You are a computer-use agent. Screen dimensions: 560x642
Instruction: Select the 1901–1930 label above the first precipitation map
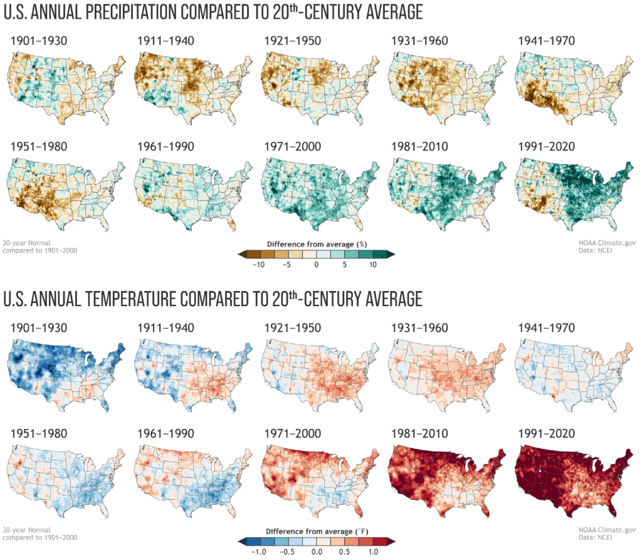(x=39, y=41)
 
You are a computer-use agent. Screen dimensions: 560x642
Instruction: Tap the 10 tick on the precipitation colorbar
(x=374, y=265)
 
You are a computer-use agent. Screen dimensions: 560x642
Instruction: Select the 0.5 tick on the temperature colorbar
(x=345, y=551)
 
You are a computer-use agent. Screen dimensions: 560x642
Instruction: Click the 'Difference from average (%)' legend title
(x=315, y=243)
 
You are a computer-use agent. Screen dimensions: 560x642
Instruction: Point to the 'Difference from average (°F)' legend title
(x=315, y=531)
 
